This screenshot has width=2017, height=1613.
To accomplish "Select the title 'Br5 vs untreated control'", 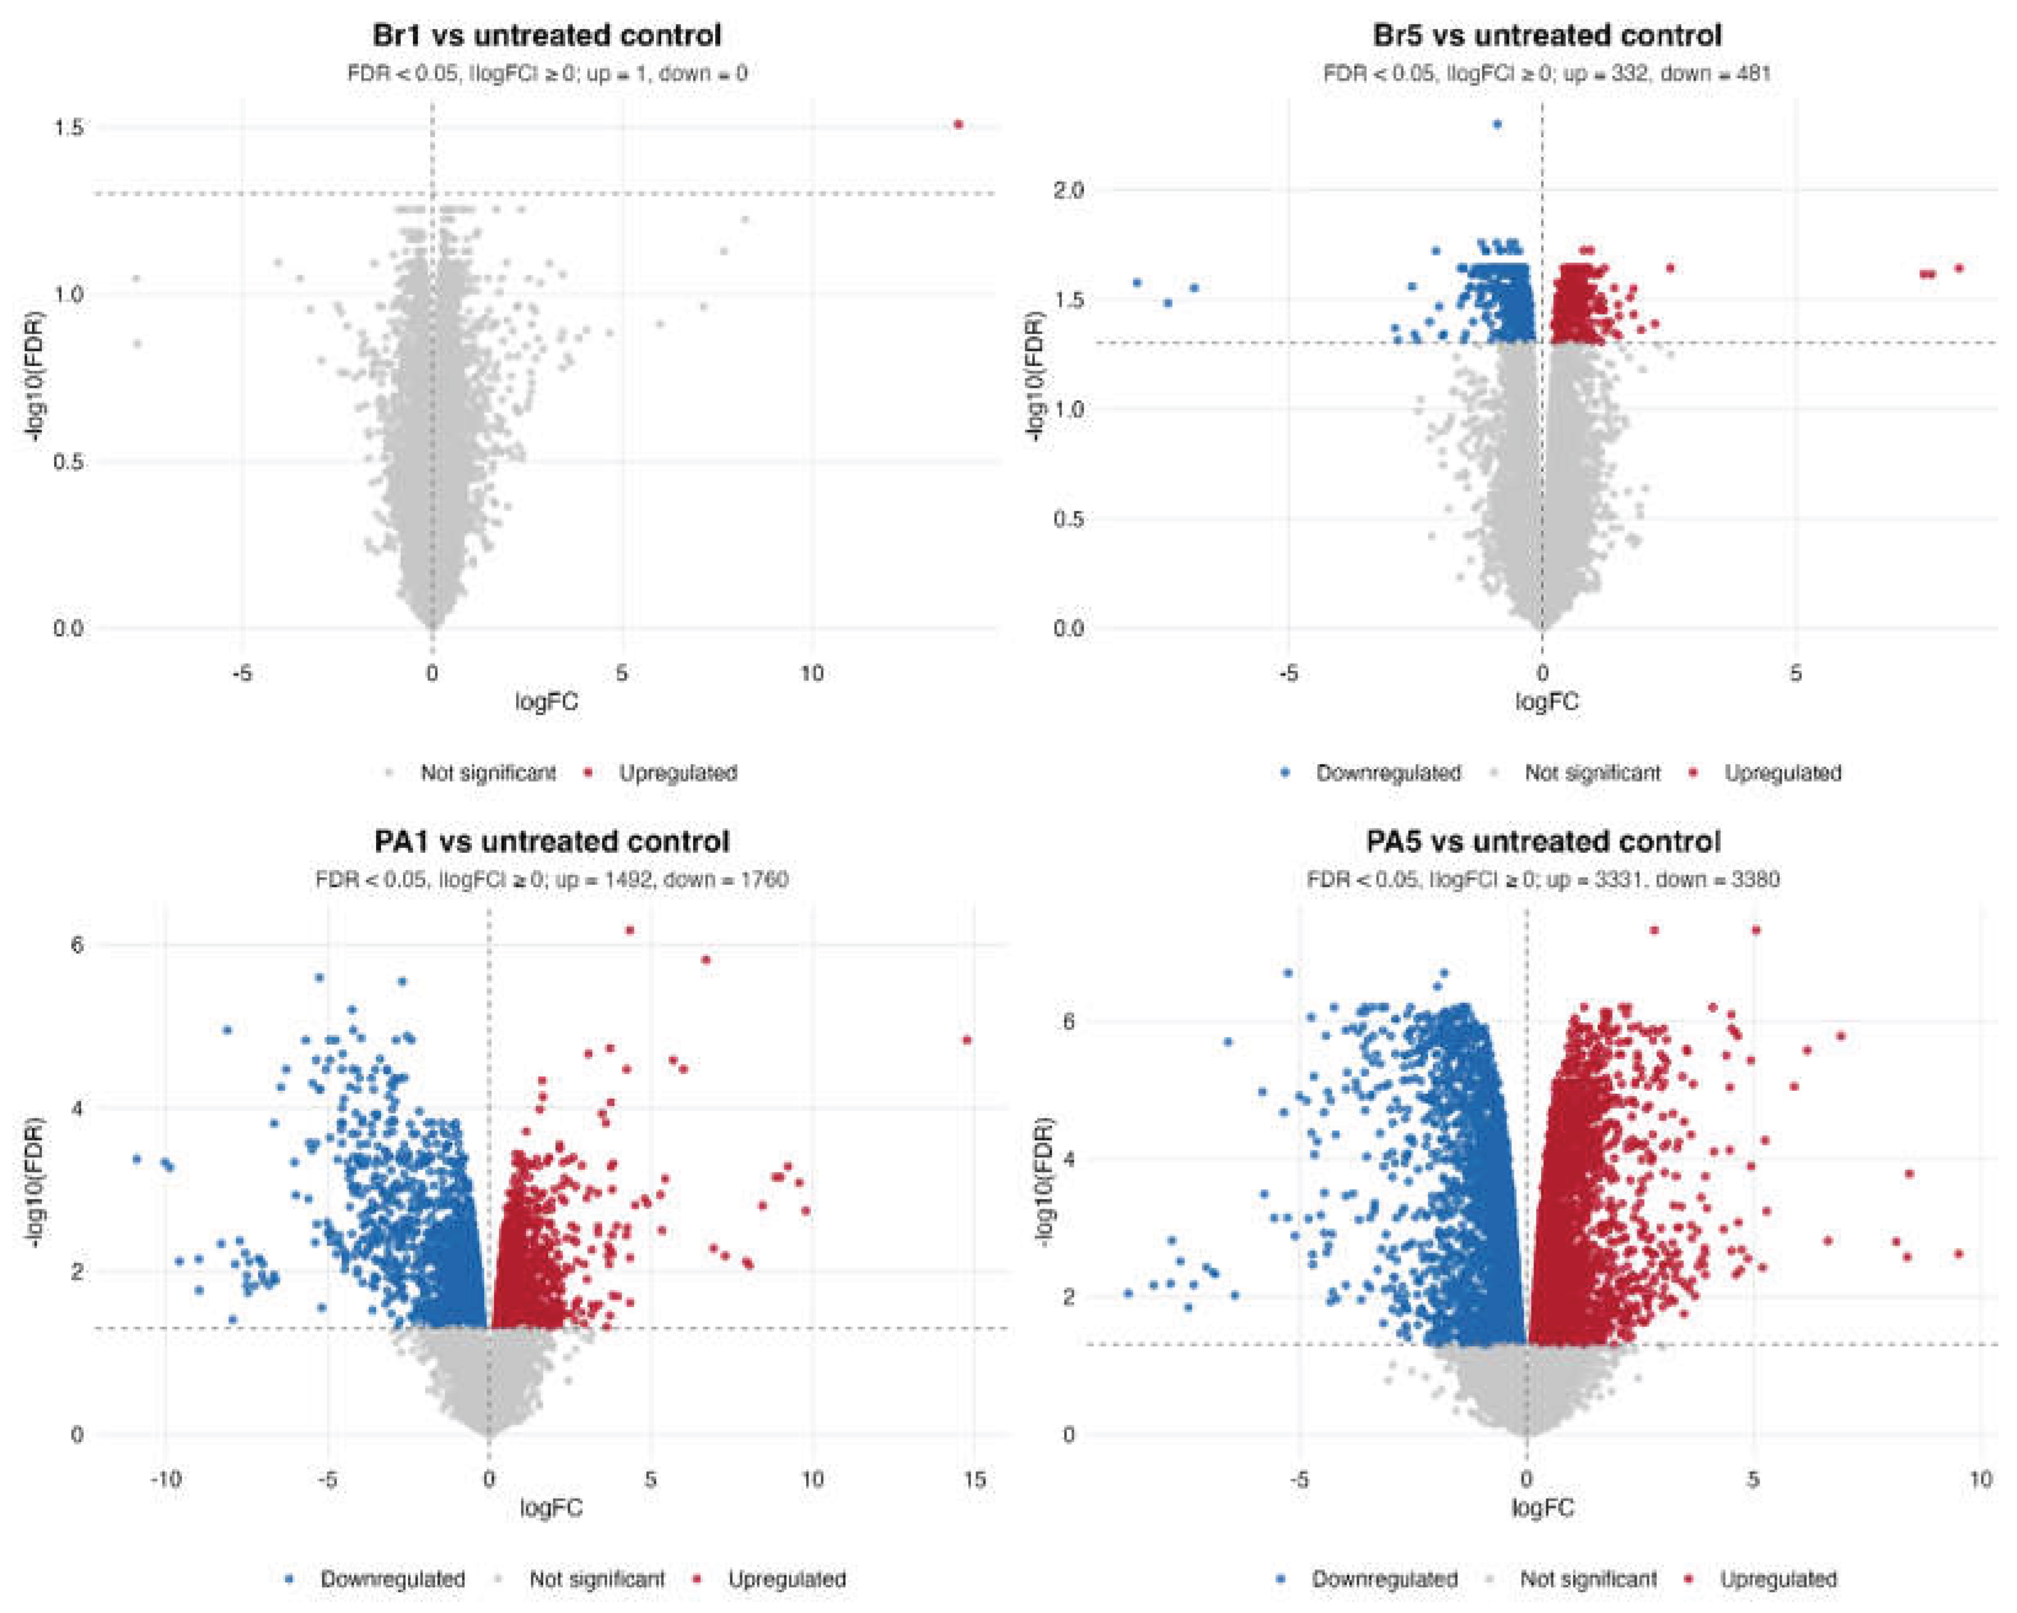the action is tap(1546, 36).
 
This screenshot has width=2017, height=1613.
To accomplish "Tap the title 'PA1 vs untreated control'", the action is tap(552, 841).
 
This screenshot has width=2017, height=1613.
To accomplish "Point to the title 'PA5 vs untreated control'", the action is tap(1543, 841).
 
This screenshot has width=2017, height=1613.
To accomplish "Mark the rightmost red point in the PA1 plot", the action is tap(967, 1040).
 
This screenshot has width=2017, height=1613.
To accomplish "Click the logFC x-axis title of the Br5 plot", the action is tap(1546, 702).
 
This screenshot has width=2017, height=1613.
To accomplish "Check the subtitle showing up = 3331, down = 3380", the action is tap(1543, 879).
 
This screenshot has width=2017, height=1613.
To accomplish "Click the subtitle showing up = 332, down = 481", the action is tap(1546, 73).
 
